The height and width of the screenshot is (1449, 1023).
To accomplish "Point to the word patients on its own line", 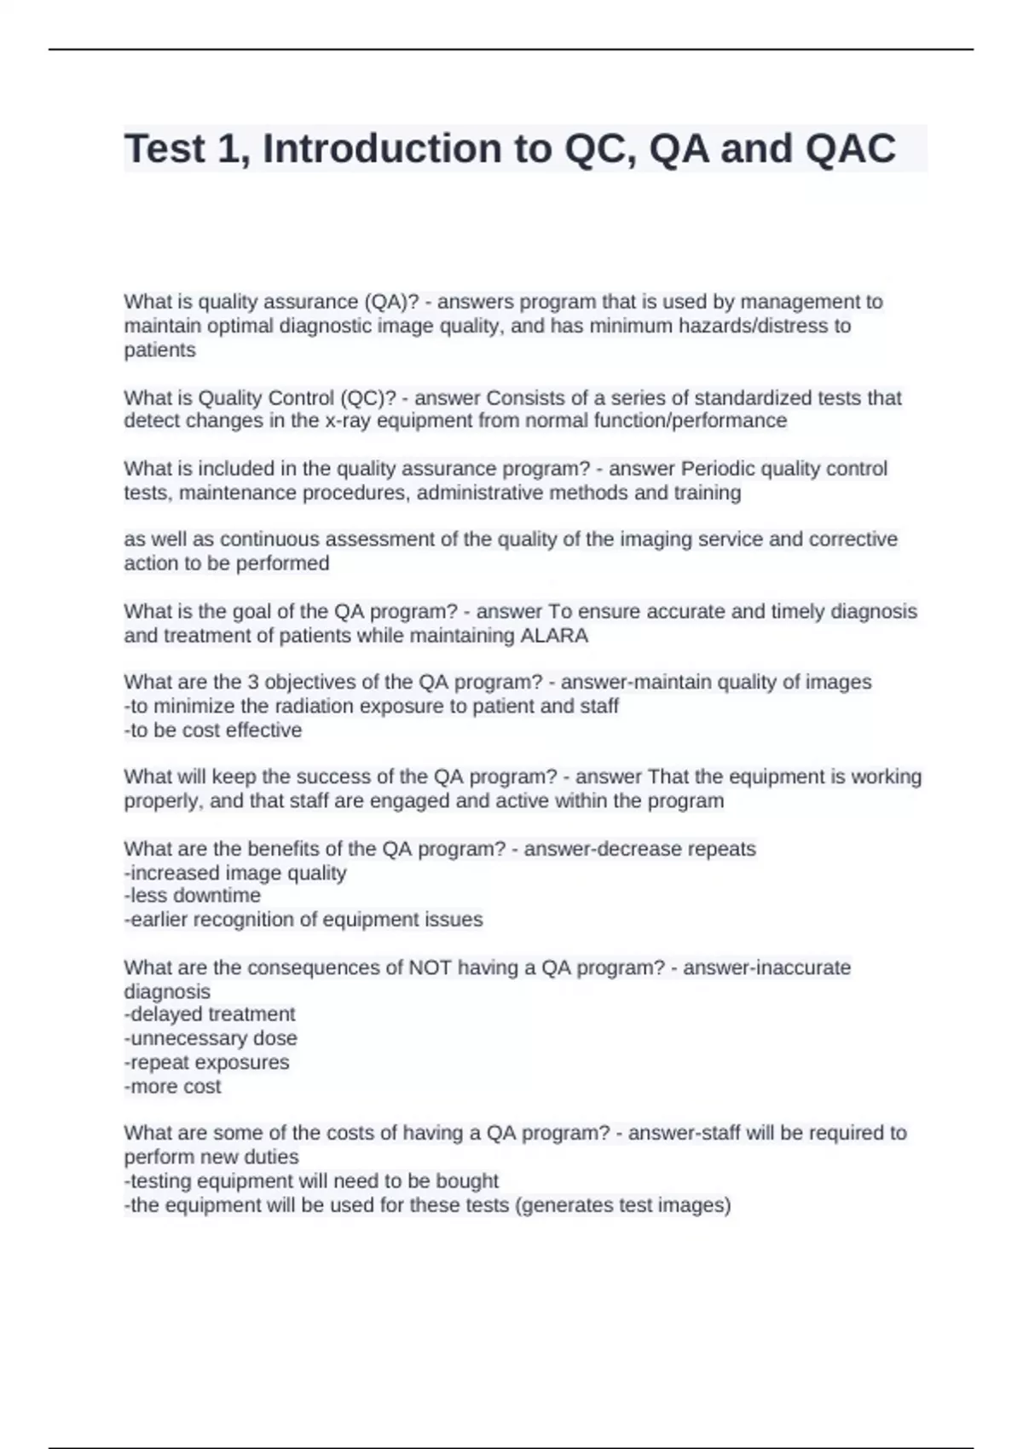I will pyautogui.click(x=159, y=350).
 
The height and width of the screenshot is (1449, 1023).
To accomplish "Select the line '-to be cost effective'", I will pyautogui.click(x=213, y=730).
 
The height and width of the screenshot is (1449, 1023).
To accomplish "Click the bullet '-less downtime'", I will pyautogui.click(x=193, y=896).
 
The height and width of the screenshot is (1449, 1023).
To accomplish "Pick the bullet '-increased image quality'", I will pyautogui.click(x=235, y=873).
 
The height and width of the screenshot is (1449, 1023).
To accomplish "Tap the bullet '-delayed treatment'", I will pyautogui.click(x=210, y=1014).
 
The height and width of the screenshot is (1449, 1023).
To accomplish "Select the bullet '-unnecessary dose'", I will pyautogui.click(x=211, y=1038).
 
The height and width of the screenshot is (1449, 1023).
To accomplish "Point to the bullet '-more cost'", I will pyautogui.click(x=172, y=1087).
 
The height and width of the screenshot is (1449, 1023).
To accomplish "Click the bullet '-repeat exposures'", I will pyautogui.click(x=206, y=1063).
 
